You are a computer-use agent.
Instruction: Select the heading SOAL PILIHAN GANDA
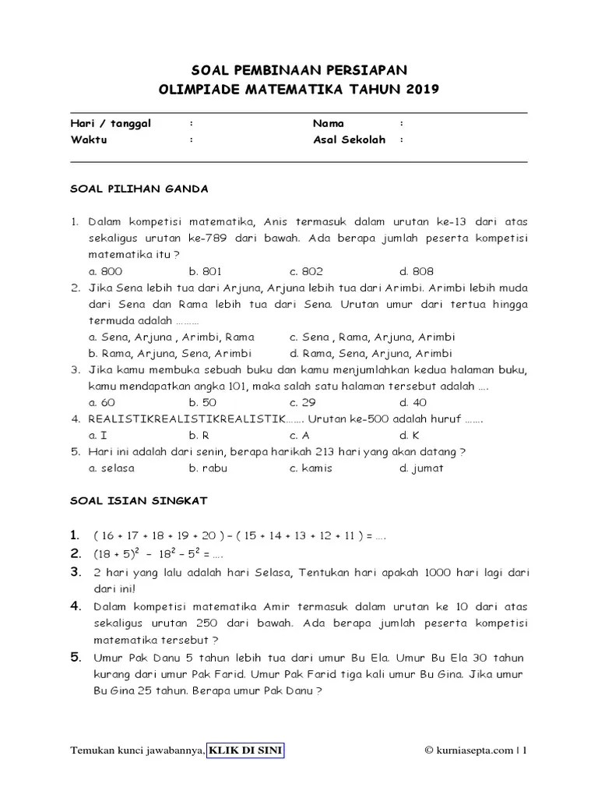coord(139,189)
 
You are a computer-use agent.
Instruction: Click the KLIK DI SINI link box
coord(246,750)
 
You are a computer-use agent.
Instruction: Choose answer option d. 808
coord(417,271)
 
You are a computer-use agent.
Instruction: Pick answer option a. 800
coord(105,271)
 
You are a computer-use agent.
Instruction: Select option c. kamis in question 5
coord(311,468)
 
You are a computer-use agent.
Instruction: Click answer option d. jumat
coord(421,468)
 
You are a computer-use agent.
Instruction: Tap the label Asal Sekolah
coord(349,140)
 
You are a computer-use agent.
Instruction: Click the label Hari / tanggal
coord(111,123)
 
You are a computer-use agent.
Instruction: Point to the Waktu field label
coord(89,140)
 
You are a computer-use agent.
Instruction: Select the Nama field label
coord(329,123)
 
